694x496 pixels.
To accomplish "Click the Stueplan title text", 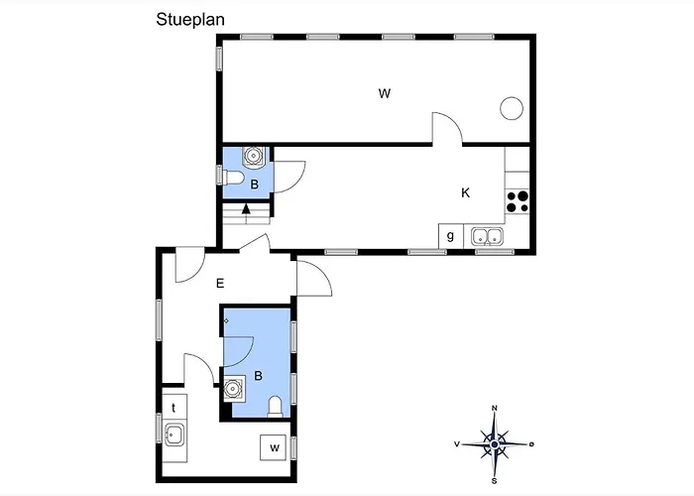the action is point(190,20).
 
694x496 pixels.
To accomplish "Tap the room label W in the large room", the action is point(385,93).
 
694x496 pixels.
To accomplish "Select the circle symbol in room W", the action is point(512,108).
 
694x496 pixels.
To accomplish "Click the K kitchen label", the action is point(465,192).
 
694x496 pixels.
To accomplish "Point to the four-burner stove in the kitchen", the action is point(518,201).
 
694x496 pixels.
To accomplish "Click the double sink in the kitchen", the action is point(487,236).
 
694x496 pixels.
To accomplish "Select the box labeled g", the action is point(450,236).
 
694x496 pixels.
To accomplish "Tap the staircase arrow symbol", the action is point(246,208).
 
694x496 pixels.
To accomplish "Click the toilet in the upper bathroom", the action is point(234,178).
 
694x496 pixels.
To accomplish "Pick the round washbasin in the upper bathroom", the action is point(253,156).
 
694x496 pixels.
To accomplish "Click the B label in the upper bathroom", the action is point(255,185).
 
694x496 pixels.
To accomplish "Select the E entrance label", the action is point(220,283).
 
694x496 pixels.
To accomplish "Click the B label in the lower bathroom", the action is point(258,376).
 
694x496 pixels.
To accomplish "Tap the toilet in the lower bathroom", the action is point(276,407).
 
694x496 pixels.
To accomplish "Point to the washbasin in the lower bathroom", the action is point(233,389).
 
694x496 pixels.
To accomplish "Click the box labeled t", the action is point(174,407).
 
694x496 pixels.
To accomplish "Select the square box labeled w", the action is point(273,447).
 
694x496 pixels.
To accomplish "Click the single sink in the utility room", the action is point(174,434).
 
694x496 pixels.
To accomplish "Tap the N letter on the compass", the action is point(495,409).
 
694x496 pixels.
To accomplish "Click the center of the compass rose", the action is point(495,444).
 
